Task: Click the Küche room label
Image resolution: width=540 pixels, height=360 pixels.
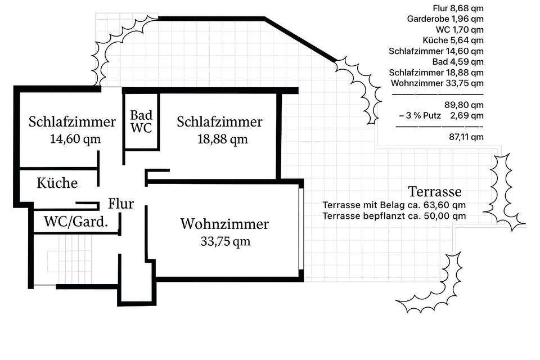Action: [57, 183]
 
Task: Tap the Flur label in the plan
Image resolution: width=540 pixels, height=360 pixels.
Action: [121, 203]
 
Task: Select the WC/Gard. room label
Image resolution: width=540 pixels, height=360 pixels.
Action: [76, 222]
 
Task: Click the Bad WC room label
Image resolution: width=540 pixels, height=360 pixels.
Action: [141, 121]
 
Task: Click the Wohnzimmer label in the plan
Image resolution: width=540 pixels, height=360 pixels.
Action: [224, 224]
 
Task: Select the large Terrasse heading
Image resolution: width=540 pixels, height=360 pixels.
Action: [435, 191]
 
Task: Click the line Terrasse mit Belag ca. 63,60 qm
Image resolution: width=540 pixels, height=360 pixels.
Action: [394, 205]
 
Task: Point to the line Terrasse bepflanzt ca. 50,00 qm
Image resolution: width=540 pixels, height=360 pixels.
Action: [394, 215]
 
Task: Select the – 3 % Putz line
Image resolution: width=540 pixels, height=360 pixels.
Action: [440, 116]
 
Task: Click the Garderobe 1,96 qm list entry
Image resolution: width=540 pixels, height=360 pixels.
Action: [445, 19]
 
